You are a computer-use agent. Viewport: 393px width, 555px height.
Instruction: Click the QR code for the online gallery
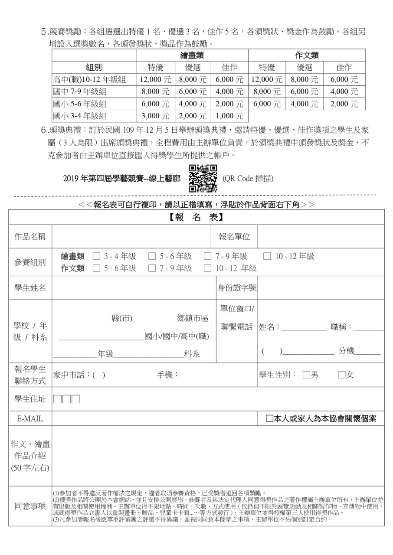point(203,179)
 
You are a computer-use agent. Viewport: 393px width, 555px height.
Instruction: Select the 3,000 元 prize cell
point(155,116)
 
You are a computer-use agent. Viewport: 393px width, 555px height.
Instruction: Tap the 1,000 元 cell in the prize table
point(229,116)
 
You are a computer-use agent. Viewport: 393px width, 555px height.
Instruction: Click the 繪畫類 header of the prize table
point(192,55)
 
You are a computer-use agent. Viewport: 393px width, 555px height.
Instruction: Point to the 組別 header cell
point(94,67)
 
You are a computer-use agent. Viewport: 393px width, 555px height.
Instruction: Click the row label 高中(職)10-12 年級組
point(89,80)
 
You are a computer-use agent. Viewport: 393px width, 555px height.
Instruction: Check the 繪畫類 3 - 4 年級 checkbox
point(96,256)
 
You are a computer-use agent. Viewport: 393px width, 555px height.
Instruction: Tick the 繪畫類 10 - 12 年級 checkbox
point(267,256)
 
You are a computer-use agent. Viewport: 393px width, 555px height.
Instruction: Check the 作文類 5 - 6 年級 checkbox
point(96,268)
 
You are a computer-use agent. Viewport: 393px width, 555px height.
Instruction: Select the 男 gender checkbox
point(306,375)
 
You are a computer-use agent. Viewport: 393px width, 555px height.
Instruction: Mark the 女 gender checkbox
point(342,375)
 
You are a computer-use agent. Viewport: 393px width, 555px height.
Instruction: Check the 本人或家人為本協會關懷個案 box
point(269,419)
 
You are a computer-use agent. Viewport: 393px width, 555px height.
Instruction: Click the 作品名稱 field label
point(30,237)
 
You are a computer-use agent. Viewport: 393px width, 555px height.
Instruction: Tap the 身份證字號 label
point(236,288)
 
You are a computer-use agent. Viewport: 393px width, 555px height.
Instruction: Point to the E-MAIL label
point(30,419)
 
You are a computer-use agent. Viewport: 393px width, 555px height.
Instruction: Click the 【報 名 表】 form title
point(196,217)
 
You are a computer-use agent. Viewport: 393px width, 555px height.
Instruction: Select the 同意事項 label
point(30,506)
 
